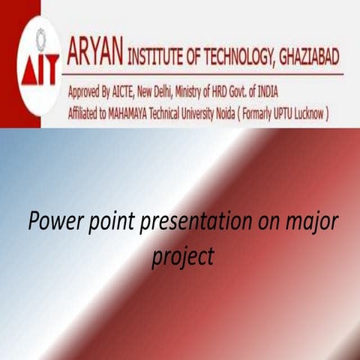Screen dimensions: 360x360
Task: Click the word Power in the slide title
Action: click(x=52, y=223)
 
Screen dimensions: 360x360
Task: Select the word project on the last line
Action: click(x=182, y=256)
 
